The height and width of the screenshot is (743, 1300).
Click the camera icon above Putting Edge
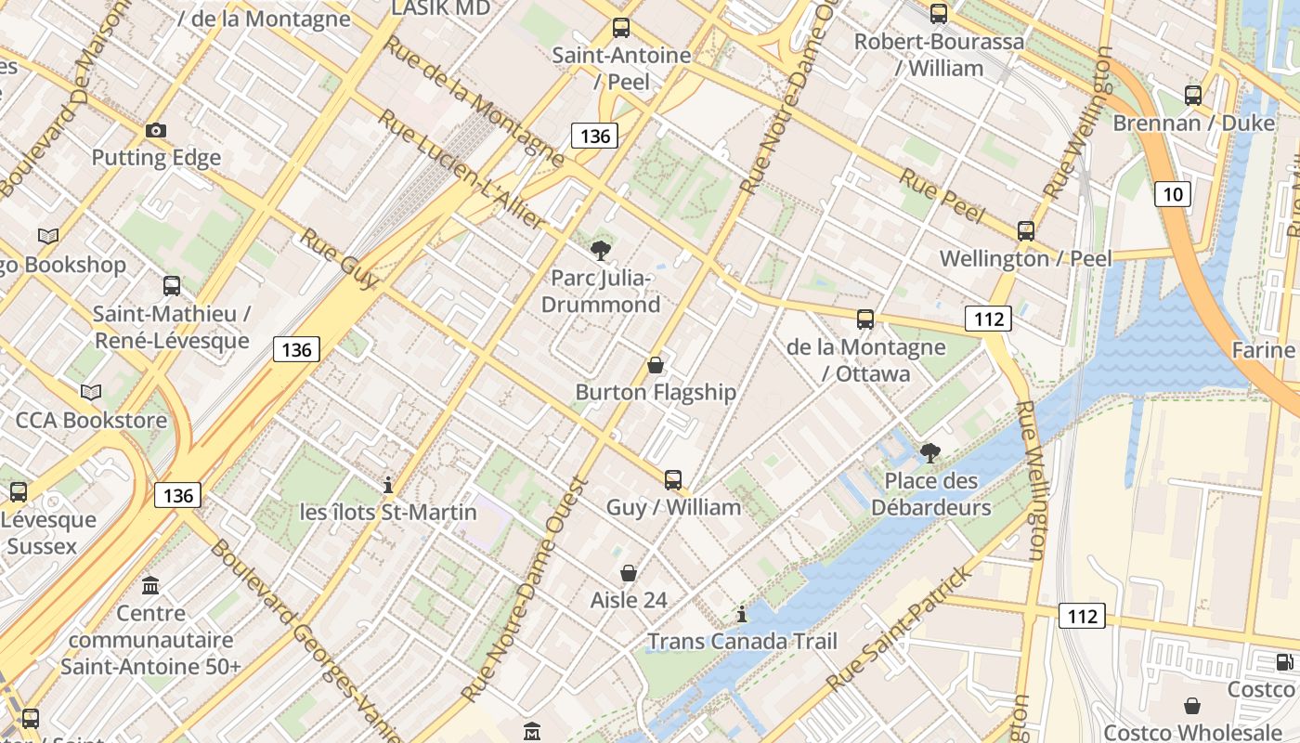156,130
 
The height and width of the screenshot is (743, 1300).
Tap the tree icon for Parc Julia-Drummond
601,250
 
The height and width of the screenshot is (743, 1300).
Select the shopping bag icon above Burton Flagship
656,365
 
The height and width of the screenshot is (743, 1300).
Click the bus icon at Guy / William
673,480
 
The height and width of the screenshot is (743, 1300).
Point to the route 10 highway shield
1173,193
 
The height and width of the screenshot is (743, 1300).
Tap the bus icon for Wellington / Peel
1026,231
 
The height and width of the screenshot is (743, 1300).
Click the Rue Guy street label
339,260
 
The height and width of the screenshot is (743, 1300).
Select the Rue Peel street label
942,196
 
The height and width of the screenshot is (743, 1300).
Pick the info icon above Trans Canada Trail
741,614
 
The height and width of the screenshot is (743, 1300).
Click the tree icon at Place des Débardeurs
929,453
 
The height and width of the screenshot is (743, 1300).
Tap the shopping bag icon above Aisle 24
629,573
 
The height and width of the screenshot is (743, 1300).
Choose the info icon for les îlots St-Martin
388,485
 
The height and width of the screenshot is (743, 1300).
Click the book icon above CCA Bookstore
91,393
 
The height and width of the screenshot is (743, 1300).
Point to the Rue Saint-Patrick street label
901,628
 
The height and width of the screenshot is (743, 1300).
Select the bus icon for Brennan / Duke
1193,95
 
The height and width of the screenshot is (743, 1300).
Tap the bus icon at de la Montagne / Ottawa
865,319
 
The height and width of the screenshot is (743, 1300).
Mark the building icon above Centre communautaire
150,586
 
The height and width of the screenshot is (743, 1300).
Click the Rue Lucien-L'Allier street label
462,171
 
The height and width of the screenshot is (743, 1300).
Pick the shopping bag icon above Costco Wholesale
1192,706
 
